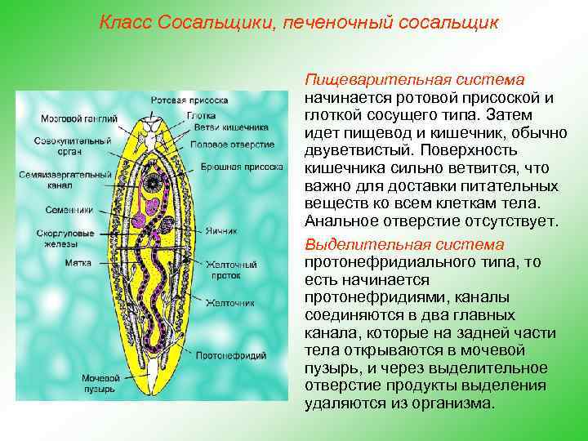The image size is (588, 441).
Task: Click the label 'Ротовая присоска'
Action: coord(188,100)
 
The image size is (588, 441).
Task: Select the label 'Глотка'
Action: coord(199,115)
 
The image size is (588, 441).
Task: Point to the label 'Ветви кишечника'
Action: coord(219,127)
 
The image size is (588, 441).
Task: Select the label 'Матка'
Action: coord(80,263)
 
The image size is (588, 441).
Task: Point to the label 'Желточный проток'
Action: coord(231,270)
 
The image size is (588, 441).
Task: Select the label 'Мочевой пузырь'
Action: coord(100,384)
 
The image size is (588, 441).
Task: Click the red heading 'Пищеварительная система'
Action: coord(413,80)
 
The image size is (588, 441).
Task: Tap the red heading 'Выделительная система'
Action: coord(404,245)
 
